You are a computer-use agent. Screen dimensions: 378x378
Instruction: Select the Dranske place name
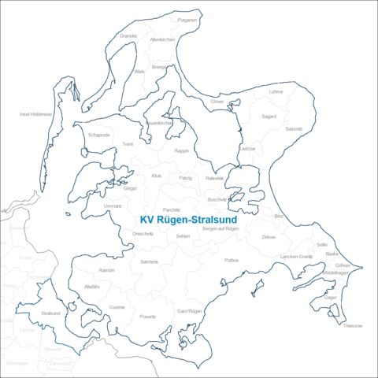(x=128, y=35)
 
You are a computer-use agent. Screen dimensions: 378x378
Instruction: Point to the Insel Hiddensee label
(x=35, y=114)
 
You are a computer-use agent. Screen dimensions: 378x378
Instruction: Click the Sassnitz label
(x=294, y=128)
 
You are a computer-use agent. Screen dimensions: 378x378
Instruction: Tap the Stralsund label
(x=50, y=313)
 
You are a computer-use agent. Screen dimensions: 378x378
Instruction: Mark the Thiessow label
(x=353, y=325)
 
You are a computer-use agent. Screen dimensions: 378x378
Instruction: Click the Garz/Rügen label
(x=190, y=312)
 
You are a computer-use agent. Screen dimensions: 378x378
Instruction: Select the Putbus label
(x=232, y=259)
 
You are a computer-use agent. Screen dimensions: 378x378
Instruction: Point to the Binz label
(x=279, y=215)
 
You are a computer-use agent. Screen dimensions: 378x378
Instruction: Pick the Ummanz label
(x=113, y=206)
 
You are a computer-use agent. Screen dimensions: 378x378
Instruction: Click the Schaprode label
(x=99, y=135)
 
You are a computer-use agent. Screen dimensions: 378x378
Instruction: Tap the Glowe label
(x=217, y=102)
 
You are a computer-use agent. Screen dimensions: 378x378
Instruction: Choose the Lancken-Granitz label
(x=296, y=257)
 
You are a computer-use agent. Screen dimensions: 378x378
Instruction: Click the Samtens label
(x=149, y=261)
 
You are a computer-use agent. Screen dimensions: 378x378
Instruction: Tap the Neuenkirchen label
(x=159, y=124)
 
